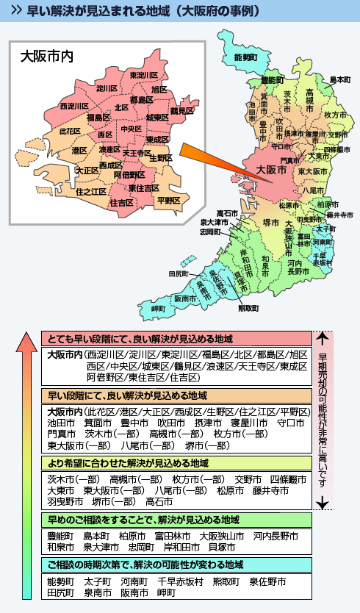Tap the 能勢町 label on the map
[246, 57]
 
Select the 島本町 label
[339, 79]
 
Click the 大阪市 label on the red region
[271, 169]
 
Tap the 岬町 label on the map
[159, 309]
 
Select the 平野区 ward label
[169, 200]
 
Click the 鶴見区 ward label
[181, 110]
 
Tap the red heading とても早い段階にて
[140, 340]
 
